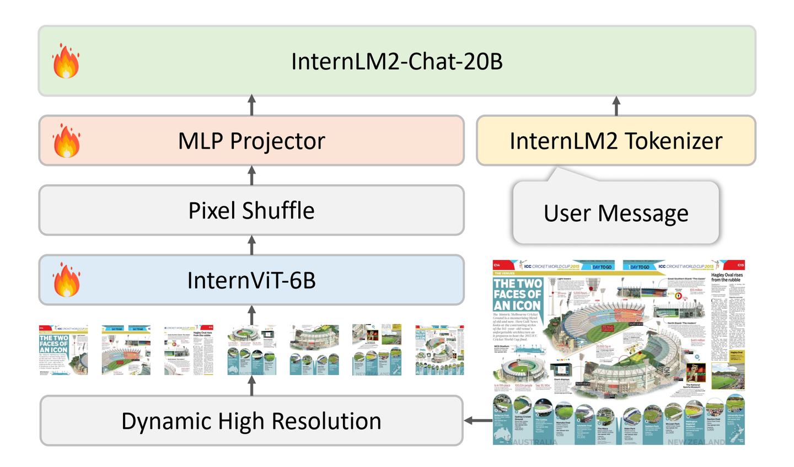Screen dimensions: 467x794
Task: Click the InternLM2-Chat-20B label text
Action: (396, 62)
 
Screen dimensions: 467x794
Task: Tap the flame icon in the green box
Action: (66, 61)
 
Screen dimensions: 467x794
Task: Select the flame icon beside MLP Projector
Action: (66, 141)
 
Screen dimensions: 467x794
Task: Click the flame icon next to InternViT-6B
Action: (66, 280)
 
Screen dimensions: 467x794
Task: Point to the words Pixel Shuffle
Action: (251, 211)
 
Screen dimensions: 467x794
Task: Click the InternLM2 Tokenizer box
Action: (615, 141)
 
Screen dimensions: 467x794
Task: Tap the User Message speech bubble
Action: (615, 213)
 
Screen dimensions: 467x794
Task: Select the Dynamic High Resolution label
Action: (251, 421)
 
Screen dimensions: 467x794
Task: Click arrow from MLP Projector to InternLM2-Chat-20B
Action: (252, 105)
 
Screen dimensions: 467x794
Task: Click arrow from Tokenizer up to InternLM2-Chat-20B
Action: (616, 105)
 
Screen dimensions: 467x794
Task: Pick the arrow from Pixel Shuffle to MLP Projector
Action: (252, 175)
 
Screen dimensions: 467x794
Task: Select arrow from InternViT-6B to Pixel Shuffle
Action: (252, 245)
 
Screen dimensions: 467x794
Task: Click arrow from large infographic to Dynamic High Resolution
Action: (478, 421)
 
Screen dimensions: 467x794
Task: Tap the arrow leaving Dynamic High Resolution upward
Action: (252, 385)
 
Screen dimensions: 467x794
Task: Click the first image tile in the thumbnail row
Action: (63, 350)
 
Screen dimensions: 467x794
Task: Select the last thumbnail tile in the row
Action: (439, 350)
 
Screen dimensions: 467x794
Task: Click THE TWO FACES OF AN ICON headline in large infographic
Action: (517, 294)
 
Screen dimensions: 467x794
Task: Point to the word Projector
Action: (277, 142)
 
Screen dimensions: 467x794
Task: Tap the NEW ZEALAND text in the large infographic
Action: (696, 442)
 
